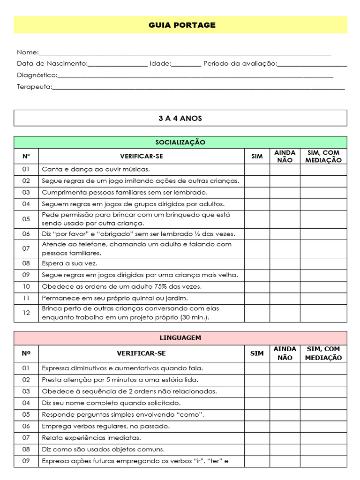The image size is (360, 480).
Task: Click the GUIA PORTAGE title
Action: point(182,25)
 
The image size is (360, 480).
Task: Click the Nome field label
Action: point(28,52)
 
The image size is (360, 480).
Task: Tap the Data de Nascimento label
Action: point(52,64)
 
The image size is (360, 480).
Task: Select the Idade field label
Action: point(160,64)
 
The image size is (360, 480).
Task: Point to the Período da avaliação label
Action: point(240,64)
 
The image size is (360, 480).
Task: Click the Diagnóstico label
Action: point(37,75)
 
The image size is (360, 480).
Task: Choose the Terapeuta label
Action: point(35,87)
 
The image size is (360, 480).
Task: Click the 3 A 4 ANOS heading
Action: point(180,118)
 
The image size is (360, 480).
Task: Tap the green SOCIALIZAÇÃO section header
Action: point(180,142)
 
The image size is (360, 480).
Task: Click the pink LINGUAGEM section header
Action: point(180,338)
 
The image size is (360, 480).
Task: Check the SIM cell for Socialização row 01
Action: point(257,170)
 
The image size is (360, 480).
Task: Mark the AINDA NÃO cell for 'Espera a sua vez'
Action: point(285,263)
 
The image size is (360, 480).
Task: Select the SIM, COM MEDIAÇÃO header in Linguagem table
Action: point(323,353)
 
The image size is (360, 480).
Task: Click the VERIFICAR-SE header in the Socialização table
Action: point(141,156)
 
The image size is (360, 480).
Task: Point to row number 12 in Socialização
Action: point(26,313)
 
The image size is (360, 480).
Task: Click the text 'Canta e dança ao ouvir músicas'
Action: point(96,170)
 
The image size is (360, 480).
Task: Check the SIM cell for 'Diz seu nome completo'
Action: point(257,403)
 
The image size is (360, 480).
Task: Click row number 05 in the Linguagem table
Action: point(26,415)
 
